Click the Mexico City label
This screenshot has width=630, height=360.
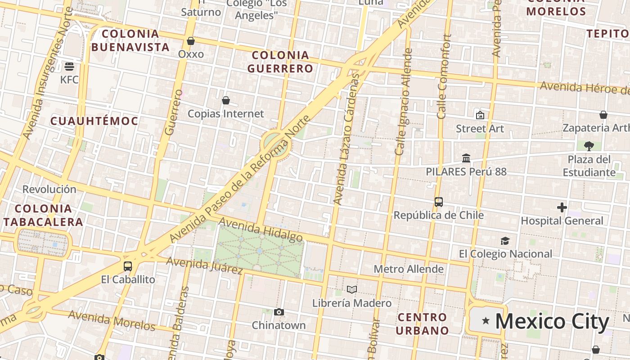[552, 321]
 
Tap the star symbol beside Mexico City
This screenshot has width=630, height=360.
[486, 321]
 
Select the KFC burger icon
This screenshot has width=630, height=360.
[69, 67]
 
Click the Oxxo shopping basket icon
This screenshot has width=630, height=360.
[191, 41]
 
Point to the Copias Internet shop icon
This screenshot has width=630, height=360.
[226, 100]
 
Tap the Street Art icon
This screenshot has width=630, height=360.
[480, 115]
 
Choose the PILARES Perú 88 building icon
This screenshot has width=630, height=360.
[466, 158]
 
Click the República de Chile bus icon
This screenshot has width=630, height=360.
[439, 202]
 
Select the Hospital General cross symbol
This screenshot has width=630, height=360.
[562, 207]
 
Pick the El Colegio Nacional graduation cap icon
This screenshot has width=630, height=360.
[505, 241]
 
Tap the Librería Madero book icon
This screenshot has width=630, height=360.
[352, 289]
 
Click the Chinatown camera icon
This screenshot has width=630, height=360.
[279, 312]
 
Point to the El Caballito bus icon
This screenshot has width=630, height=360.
[128, 266]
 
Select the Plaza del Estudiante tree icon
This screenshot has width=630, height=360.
[589, 146]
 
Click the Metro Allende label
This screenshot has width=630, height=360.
[409, 269]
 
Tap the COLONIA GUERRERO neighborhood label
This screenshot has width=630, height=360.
[280, 62]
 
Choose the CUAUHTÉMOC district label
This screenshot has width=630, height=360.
[94, 121]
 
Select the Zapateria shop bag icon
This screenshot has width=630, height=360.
[603, 115]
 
